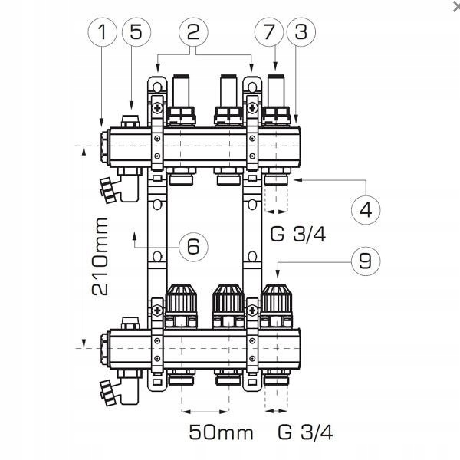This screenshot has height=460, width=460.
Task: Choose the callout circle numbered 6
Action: tap(192, 246)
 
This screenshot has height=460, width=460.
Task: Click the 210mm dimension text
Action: tap(98, 258)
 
